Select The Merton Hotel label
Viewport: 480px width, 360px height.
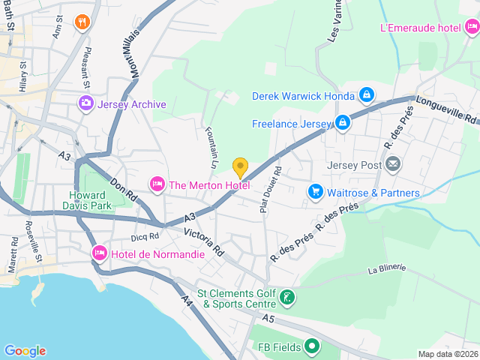tap(209, 185)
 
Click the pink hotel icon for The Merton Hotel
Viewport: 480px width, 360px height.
tap(157, 184)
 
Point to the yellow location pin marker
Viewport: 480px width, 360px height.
tap(240, 167)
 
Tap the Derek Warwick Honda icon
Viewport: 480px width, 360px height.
tap(367, 95)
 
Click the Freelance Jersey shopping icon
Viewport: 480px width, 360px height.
tap(343, 121)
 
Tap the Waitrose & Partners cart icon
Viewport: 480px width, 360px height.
tap(316, 193)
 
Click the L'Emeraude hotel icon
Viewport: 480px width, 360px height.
tap(472, 28)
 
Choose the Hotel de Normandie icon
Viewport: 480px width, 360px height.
tap(99, 254)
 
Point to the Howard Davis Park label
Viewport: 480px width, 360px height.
tap(86, 199)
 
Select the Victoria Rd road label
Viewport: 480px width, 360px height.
tap(205, 242)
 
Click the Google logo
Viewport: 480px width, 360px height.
tap(25, 350)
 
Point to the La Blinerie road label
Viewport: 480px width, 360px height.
tap(387, 269)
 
